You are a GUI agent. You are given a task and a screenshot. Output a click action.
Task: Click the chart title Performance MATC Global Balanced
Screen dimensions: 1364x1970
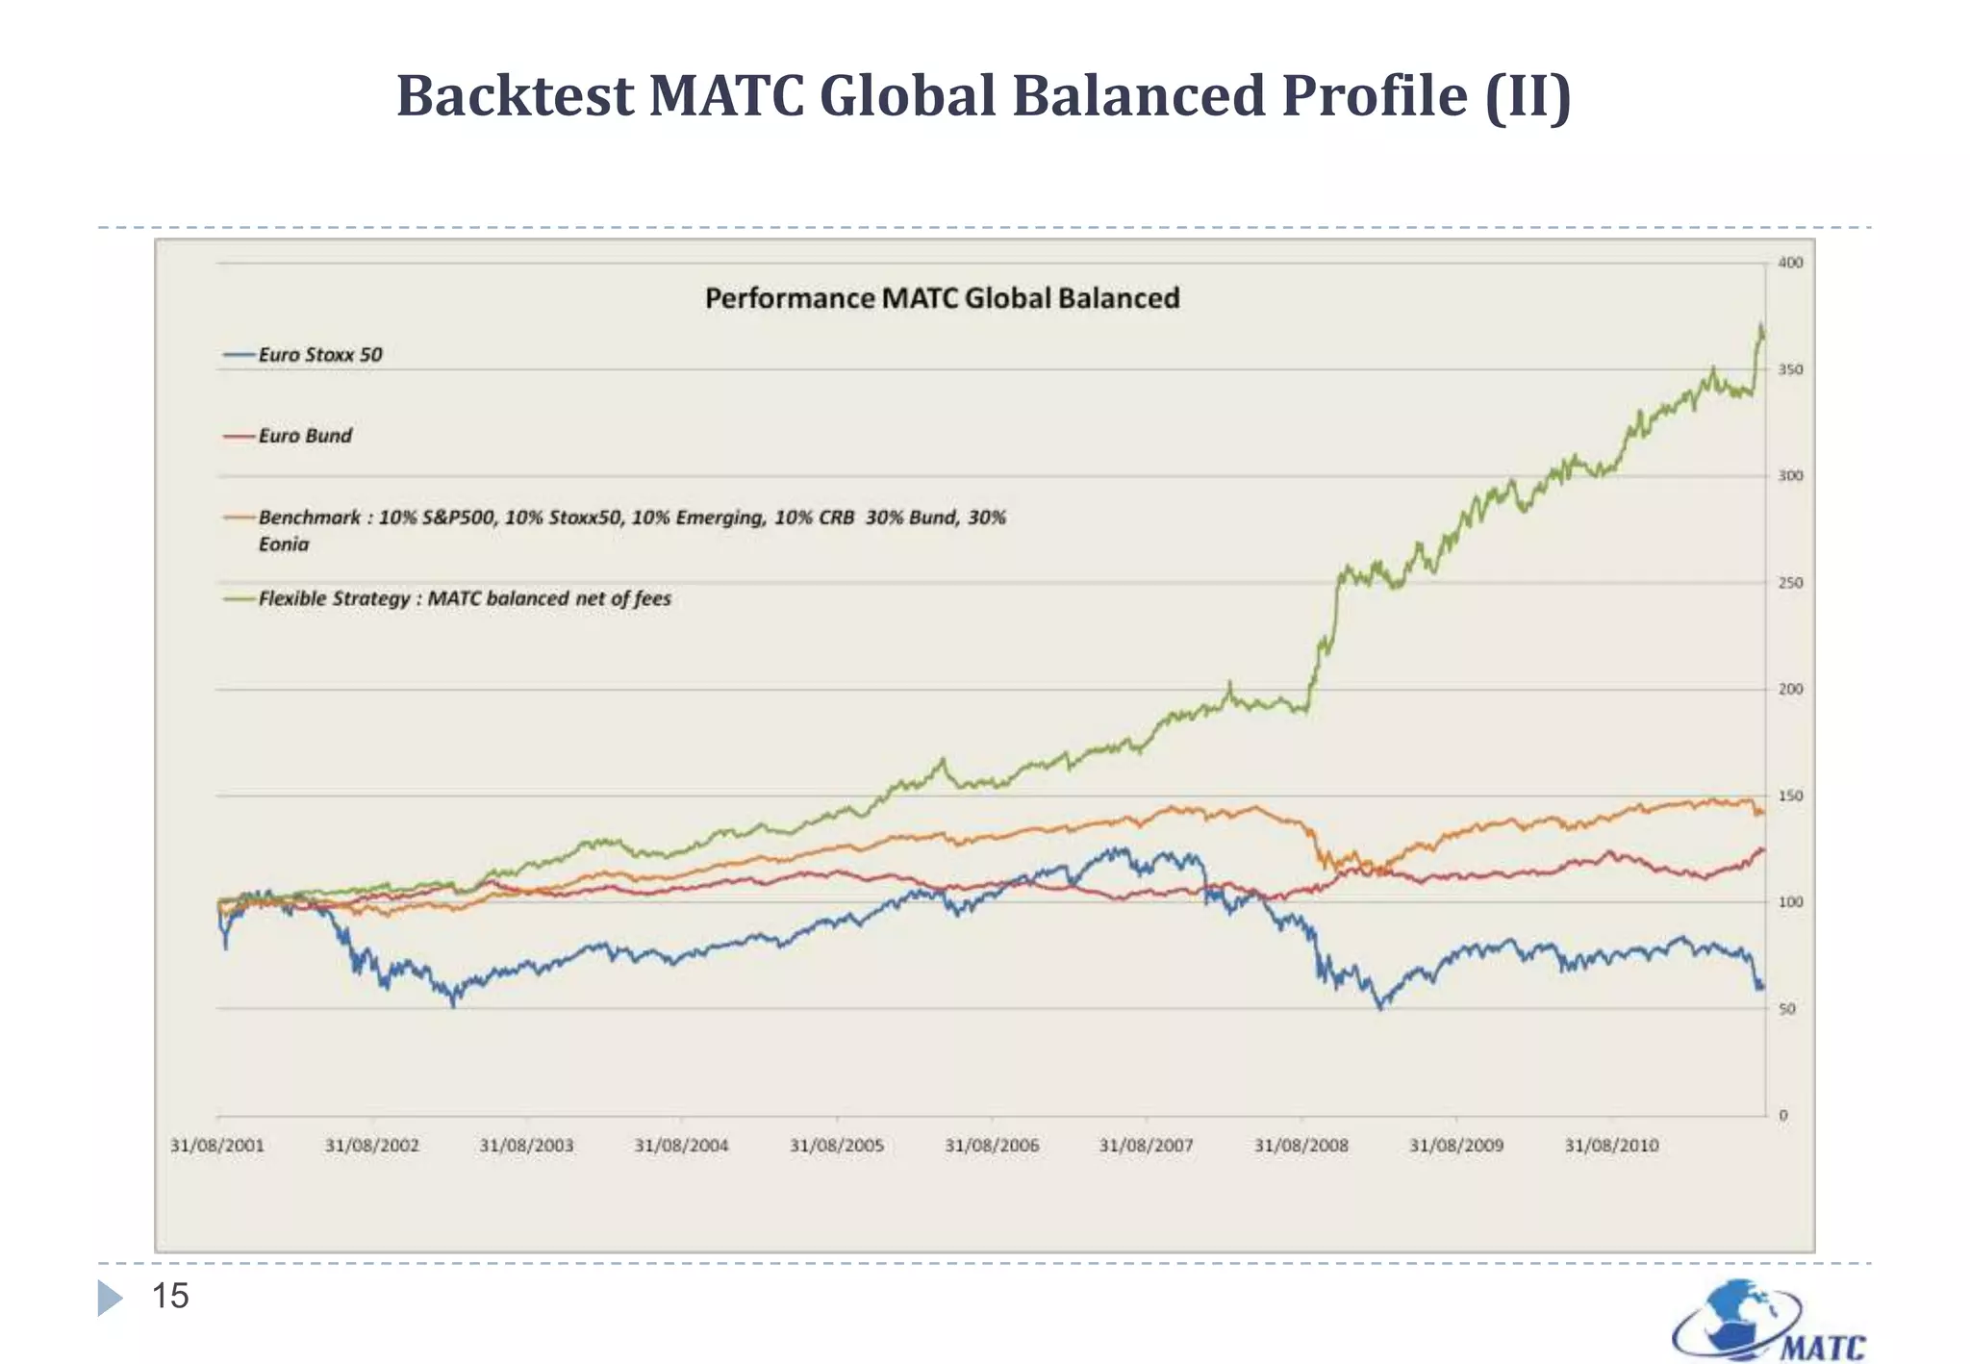[942, 298]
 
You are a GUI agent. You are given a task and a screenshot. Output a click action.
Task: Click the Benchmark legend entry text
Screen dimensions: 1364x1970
[631, 518]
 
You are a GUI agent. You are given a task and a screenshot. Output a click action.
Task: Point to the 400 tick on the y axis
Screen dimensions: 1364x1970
[1790, 263]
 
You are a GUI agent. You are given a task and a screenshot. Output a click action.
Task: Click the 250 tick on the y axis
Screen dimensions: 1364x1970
[1790, 583]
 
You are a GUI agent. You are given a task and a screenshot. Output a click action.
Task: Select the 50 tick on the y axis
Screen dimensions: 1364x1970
[1786, 1009]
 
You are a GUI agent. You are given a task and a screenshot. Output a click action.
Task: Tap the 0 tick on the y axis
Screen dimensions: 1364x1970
[1782, 1116]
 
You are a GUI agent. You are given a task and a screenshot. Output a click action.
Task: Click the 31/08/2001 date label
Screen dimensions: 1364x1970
[216, 1146]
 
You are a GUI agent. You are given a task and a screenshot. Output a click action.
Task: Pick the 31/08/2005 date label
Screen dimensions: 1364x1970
[836, 1146]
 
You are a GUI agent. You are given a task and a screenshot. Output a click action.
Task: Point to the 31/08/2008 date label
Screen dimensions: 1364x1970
[1301, 1146]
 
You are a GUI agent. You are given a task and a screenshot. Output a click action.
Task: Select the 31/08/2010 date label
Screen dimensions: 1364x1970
[1611, 1146]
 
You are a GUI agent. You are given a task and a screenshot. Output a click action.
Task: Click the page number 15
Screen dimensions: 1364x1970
[170, 1297]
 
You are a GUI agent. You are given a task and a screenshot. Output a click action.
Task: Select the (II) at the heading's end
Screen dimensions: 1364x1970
[1528, 96]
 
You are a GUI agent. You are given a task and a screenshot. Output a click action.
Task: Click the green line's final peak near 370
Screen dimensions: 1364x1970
[1760, 326]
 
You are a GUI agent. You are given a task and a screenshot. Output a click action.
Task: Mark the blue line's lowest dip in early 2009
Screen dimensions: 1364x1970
[1380, 1007]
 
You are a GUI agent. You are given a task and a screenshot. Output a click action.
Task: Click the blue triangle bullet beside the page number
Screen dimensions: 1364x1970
[110, 1298]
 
